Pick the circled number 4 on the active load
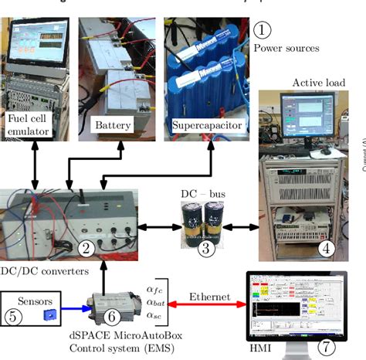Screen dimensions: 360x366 (x=327, y=249)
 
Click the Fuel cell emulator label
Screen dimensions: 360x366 (x=32, y=127)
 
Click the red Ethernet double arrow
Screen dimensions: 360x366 (x=208, y=304)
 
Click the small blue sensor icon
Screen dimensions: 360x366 (x=50, y=314)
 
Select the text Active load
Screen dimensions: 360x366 (x=318, y=83)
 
